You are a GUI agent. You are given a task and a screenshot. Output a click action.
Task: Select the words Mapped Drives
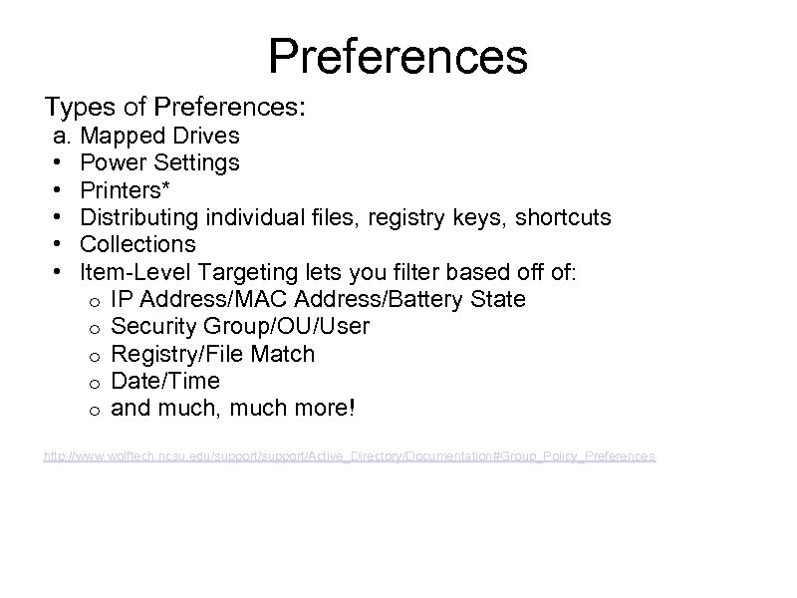[159, 135]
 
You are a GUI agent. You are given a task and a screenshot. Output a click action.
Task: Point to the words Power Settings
[159, 161]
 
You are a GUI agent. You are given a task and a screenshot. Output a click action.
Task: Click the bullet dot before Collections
[61, 244]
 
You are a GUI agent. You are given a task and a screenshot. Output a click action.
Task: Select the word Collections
[137, 244]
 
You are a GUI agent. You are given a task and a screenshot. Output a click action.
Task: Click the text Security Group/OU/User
[240, 326]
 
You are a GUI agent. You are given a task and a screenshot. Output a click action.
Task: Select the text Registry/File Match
[213, 354]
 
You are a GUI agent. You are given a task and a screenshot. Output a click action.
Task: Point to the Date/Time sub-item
[165, 381]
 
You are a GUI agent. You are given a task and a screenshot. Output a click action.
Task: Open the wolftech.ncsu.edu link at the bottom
[350, 455]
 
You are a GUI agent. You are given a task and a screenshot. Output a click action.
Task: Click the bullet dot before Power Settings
[61, 162]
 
